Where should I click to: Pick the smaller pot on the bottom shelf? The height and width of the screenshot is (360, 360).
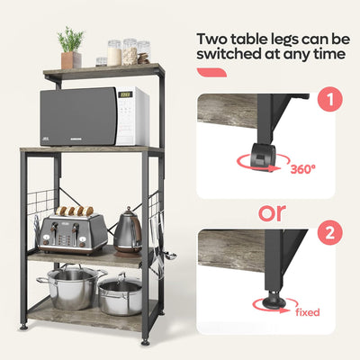(121, 294)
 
